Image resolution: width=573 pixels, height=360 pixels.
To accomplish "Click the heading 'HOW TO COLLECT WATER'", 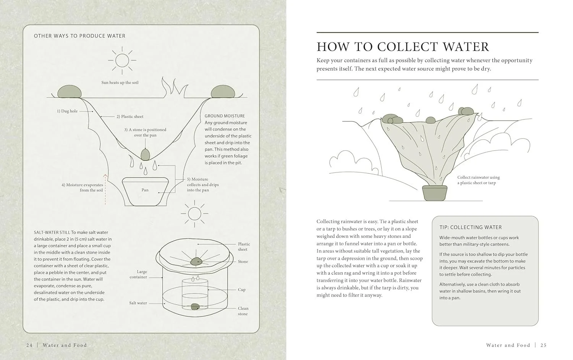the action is tap(403, 47).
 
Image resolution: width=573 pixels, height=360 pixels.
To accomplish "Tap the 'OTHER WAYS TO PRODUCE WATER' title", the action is tap(79, 36).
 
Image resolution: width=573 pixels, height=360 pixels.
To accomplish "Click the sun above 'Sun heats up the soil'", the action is tap(122, 61).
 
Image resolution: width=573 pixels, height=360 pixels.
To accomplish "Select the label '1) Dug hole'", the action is tap(67, 111).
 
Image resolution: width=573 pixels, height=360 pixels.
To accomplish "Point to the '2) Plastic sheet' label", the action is tap(130, 116).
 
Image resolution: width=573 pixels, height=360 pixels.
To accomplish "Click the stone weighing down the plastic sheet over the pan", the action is tap(145, 155).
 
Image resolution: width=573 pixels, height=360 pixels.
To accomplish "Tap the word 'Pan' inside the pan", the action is tap(145, 190).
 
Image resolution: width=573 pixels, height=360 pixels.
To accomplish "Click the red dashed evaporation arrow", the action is tap(105, 189).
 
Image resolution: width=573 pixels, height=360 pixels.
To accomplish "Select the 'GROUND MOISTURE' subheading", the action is tap(225, 116).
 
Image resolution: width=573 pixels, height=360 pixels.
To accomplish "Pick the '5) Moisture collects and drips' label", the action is tap(203, 185).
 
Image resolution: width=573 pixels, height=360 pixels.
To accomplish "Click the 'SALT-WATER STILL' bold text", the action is tap(52, 232).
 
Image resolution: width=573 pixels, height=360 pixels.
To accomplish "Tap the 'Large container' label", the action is tap(138, 274).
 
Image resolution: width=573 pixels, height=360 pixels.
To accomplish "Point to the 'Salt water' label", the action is tap(138, 303).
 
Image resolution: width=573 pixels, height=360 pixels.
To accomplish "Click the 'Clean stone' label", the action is tap(243, 311).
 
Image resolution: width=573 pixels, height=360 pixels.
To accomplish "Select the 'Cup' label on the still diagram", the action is tap(242, 290).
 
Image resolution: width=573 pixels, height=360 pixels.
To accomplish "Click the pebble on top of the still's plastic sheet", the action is tap(196, 261).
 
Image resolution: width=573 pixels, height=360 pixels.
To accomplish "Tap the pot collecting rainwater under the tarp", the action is tap(435, 193).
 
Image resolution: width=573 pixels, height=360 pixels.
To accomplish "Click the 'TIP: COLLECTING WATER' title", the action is tap(471, 227).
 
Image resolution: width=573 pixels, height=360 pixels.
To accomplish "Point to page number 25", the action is tap(544, 345).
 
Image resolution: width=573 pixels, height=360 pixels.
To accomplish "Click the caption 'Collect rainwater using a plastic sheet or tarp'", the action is tap(479, 180).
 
